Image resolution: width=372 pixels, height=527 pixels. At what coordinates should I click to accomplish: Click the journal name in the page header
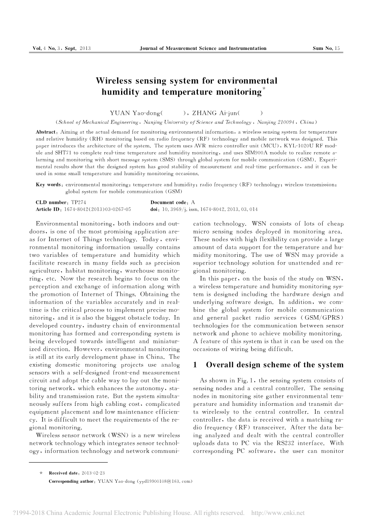point(203,48)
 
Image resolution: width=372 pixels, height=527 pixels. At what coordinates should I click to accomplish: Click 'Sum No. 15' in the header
point(326,48)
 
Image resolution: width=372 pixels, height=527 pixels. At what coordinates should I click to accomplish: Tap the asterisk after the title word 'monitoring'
point(264,89)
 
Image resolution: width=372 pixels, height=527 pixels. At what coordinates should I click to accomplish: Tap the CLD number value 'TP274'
point(78,203)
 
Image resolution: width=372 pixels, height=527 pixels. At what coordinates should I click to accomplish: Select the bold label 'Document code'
point(169,203)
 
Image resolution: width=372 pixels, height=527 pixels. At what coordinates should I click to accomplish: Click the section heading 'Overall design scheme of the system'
point(275,365)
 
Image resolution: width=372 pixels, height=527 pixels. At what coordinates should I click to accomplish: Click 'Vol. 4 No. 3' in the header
point(46,48)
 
